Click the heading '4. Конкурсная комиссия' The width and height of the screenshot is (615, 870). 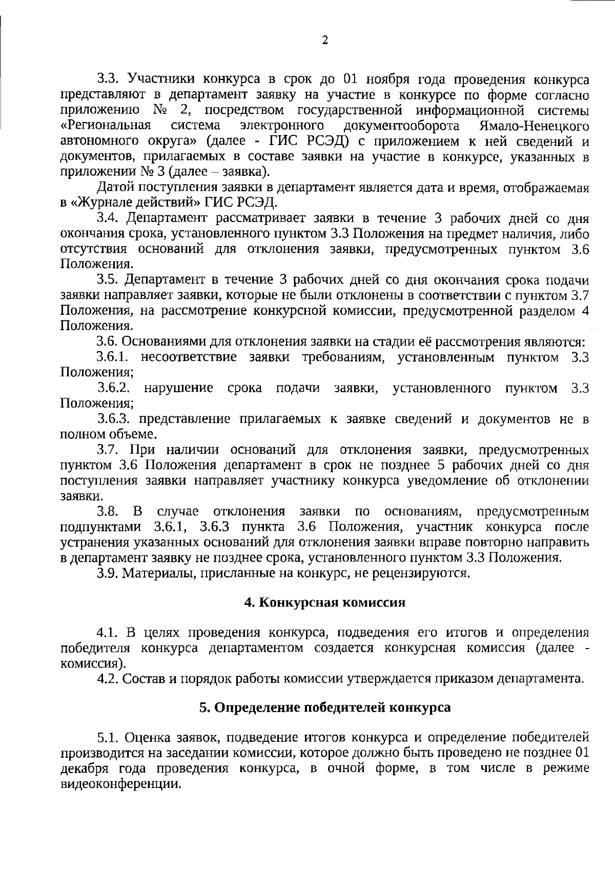point(324,602)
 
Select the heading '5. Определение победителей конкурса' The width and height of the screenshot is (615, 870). point(324,707)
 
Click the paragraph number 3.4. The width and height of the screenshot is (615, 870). point(108,218)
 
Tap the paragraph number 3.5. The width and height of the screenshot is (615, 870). point(108,280)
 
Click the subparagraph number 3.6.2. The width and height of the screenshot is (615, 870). point(113,388)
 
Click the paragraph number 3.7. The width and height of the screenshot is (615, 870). point(108,450)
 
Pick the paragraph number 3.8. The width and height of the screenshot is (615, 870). point(108,512)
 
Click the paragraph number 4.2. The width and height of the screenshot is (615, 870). point(108,679)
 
